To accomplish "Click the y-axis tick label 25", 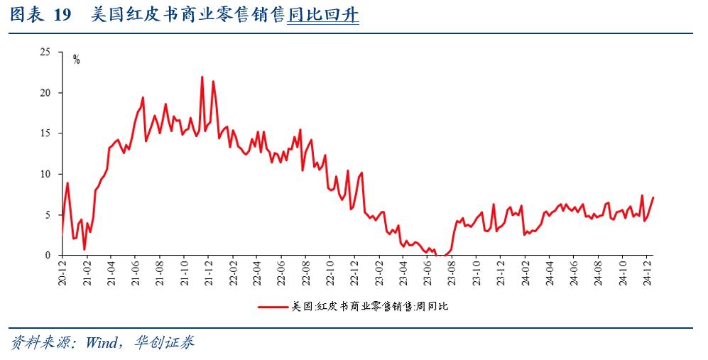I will click(x=45, y=52).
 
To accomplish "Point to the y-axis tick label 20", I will click(x=45, y=93).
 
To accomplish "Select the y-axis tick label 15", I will click(x=45, y=133).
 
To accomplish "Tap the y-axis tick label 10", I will click(x=45, y=174).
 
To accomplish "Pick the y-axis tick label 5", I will click(x=48, y=214).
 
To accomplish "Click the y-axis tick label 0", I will click(x=48, y=255).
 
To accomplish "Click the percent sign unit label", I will click(x=76, y=60).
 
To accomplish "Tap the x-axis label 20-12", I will click(x=62, y=273).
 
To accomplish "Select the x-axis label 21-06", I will click(x=135, y=273).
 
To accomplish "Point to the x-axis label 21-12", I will click(x=209, y=273).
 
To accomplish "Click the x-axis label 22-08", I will click(x=306, y=273).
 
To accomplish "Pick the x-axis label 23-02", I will click(x=380, y=273).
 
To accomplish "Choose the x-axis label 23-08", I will click(x=452, y=273).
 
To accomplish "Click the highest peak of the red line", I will click(x=202, y=77).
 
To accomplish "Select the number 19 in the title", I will click(x=62, y=16).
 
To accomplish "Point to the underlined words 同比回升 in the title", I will click(x=323, y=16).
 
